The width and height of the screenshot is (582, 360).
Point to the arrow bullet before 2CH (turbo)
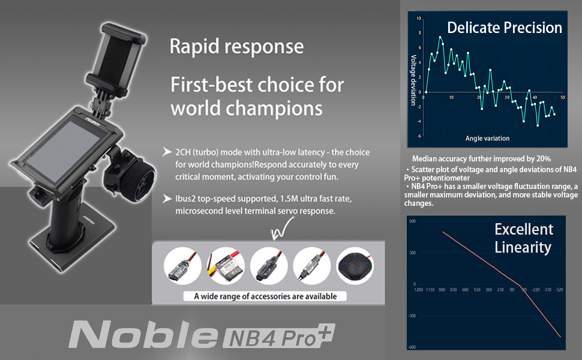coord(166,152)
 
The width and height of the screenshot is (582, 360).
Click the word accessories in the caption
coord(272,296)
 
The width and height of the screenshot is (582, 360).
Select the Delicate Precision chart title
coord(505,28)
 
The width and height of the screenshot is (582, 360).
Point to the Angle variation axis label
coord(487,139)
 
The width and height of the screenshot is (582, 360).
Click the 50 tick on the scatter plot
coord(562,97)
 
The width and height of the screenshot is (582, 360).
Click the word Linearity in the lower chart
coord(522,247)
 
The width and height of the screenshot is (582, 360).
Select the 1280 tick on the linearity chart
coord(418,289)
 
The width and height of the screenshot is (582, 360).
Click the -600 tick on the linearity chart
coord(412,346)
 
